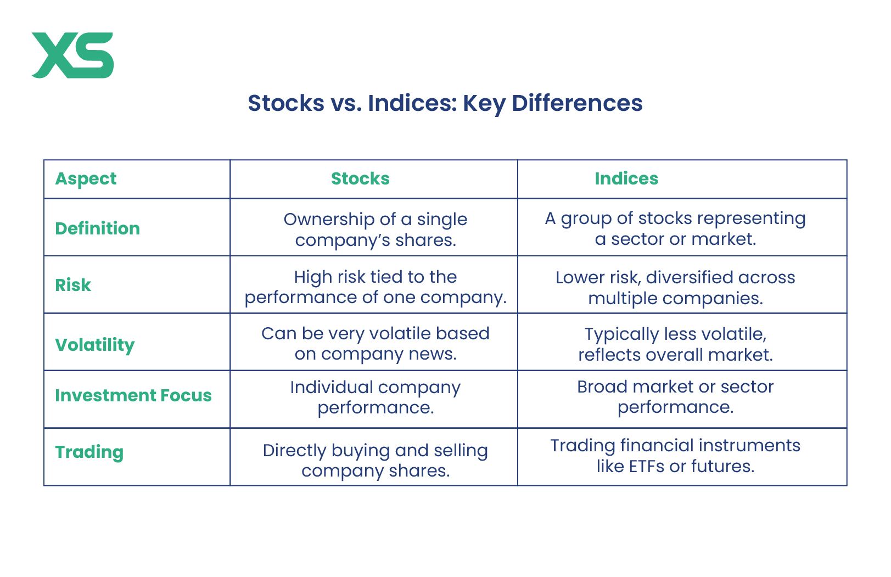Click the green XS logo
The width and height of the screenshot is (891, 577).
point(73,55)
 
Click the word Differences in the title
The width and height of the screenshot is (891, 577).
point(577,103)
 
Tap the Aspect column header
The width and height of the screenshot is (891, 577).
point(86,179)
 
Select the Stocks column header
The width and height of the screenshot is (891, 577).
point(360,178)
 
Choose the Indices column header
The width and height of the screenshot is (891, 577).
point(626,178)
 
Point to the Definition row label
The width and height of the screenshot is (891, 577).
point(98,228)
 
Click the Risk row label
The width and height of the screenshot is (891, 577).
point(73,285)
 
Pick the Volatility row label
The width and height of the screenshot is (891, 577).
point(95,345)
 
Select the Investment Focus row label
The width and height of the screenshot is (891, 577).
point(133,396)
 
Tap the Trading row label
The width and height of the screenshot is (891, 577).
point(89,452)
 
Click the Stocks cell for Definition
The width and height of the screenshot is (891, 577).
point(376,230)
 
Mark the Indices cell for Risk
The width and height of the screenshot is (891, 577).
point(675,288)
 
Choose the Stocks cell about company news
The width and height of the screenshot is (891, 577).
point(376,344)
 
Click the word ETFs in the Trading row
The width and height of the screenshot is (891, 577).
point(647,467)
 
